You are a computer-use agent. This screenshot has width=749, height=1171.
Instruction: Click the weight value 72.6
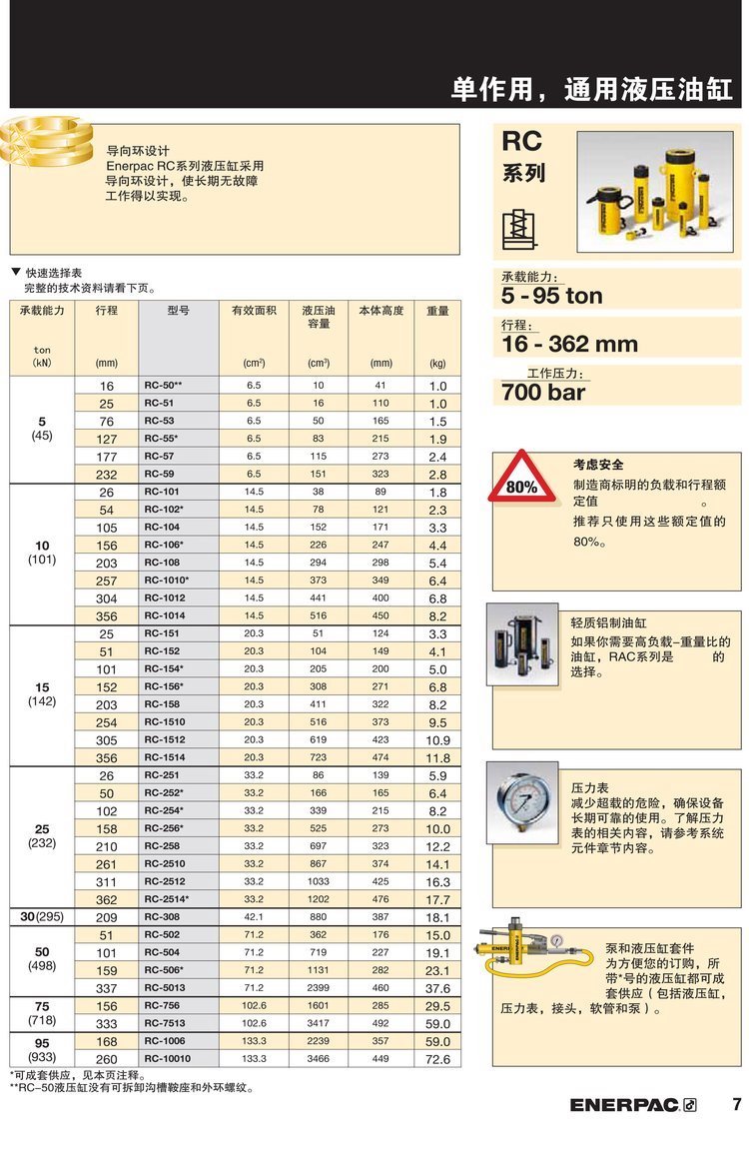point(437,1059)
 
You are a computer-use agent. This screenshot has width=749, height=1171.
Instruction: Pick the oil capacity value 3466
point(319,1059)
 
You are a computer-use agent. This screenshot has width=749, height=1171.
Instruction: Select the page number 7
point(736,1104)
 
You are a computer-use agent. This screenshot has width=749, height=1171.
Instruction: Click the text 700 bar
point(545,392)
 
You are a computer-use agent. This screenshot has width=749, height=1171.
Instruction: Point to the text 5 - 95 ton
point(552,296)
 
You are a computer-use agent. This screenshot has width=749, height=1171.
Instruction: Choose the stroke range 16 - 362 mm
point(569,344)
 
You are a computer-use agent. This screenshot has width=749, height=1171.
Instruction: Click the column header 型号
point(179,311)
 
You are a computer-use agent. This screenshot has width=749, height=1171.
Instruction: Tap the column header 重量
point(437,311)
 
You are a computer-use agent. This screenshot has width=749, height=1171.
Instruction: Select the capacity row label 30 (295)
point(42,917)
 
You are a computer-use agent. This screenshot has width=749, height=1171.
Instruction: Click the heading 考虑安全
point(598,465)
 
